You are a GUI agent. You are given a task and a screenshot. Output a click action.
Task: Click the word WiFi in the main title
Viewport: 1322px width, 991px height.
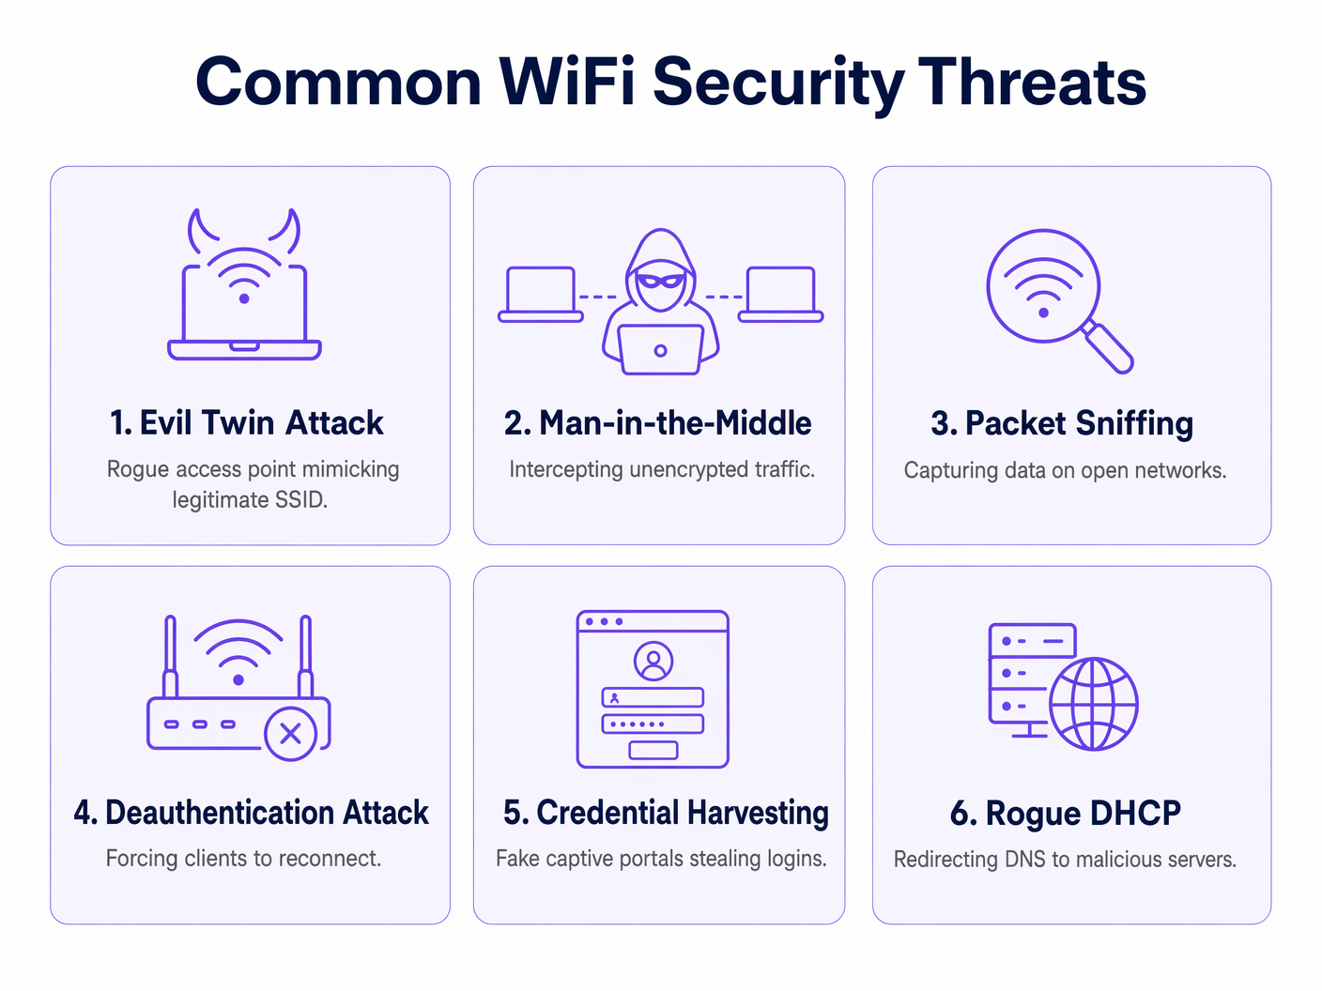coord(567,82)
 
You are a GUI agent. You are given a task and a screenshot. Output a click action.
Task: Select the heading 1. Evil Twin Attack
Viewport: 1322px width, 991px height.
coord(246,423)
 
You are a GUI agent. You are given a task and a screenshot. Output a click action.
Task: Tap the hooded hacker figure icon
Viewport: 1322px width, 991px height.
coord(661,300)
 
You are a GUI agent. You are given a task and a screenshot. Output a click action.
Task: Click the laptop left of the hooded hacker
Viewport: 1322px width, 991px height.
coord(541,294)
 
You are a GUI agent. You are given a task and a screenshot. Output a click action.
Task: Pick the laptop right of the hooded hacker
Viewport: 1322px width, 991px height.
coord(781,294)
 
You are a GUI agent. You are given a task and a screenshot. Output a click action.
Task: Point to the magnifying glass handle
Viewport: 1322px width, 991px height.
coord(1109,348)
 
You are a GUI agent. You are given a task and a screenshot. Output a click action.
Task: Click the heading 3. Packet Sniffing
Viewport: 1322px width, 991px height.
coord(1062,423)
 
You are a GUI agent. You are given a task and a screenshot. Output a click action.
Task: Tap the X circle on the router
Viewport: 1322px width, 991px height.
coord(290,734)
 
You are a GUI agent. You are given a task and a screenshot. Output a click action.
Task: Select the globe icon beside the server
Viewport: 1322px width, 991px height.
coord(1093,704)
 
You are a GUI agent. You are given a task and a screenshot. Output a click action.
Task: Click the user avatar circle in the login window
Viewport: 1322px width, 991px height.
coord(653,661)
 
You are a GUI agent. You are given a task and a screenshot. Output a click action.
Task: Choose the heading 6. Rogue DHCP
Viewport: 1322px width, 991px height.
coord(1066,813)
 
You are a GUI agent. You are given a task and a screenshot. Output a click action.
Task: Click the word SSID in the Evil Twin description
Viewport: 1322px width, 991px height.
coord(300,500)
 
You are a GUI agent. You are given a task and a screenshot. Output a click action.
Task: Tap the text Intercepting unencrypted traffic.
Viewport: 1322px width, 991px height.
coord(662,469)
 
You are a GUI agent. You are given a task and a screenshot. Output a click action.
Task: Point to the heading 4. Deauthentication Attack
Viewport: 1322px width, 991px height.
coord(251,813)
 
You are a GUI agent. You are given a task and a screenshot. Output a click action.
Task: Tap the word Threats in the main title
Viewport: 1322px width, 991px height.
coord(1032,82)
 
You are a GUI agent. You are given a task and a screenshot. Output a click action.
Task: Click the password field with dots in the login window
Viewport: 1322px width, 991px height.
coord(653,724)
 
